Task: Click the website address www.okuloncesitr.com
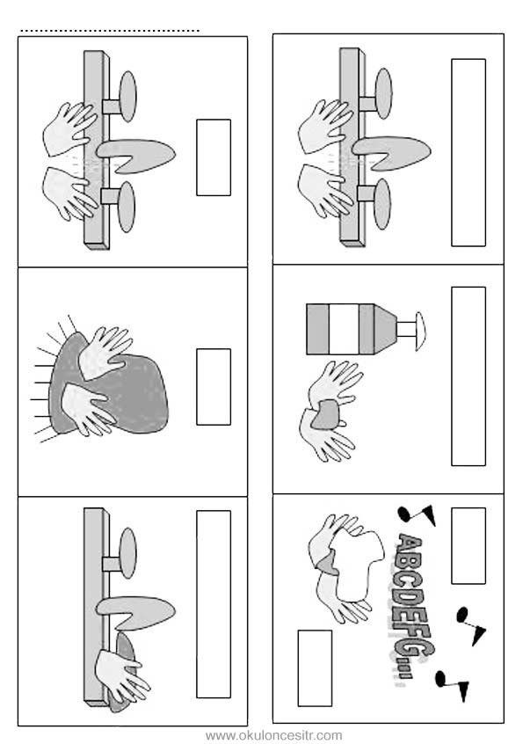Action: pos(273,735)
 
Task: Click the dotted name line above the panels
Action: pos(110,32)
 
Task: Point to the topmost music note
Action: pos(417,514)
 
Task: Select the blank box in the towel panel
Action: pos(214,387)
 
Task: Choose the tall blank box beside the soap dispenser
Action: pos(468,376)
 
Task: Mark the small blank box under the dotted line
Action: pos(214,157)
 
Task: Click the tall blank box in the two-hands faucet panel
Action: pos(468,152)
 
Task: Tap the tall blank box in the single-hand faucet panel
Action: pos(214,604)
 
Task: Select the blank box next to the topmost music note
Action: pos(468,545)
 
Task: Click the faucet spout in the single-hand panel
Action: pos(136,611)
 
